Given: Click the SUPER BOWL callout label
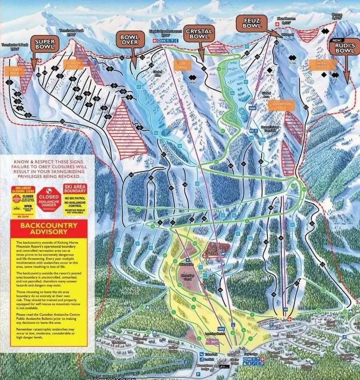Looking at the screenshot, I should click(44, 44).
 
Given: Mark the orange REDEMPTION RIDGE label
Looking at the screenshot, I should click(281, 105).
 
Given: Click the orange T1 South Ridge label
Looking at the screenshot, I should click(74, 64).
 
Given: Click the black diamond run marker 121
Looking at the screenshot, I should click(9, 83).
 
